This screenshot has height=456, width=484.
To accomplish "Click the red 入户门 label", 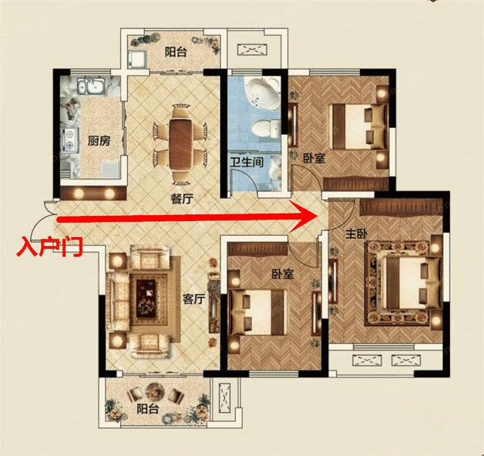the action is pos(49,246).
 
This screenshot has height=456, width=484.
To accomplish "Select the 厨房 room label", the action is pos(99,141).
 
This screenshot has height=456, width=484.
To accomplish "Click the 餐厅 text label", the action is pos(181,198).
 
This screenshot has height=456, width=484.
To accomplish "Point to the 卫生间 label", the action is pos(247,162).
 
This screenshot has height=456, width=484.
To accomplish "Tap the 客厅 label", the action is pos(194,299).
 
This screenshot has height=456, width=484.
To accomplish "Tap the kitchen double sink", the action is pos(91,86).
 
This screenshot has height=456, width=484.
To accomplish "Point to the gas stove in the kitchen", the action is pos(70,139).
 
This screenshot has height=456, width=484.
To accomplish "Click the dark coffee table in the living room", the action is pos(146,298).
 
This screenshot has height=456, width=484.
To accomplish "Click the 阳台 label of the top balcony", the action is pos(175,52).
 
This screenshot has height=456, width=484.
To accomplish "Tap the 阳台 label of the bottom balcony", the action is pos(147,409).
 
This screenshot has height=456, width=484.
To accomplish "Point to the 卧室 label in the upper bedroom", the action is pos(314,158).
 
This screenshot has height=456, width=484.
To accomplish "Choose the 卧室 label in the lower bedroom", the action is pos(282,274).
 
